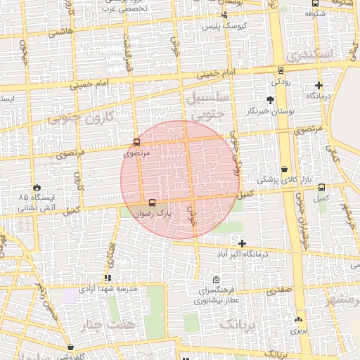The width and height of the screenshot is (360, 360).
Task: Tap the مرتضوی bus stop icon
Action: (137, 143)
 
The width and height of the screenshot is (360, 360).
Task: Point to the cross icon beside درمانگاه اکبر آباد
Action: (243, 243)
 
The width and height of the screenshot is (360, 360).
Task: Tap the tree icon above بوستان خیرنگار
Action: (271, 101)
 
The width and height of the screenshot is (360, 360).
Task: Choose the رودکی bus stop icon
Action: (281, 70)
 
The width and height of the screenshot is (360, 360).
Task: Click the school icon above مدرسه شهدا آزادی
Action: (107, 279)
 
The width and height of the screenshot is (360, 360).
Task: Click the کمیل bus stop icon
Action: (321, 188)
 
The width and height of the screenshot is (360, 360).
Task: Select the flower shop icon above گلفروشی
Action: (71, 347)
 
